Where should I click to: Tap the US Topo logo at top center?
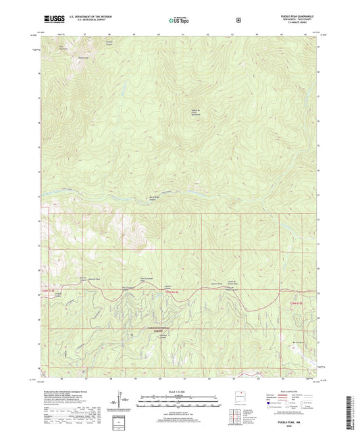(179, 21)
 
